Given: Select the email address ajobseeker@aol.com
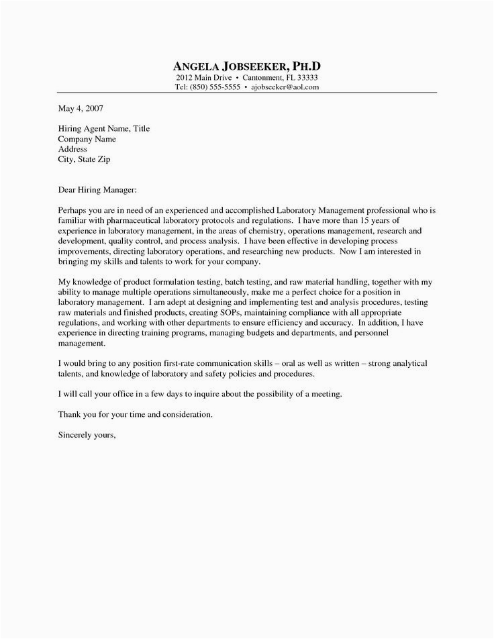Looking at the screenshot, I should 285,87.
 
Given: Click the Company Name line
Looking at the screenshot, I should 87,139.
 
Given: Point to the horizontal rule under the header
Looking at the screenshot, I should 246,93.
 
